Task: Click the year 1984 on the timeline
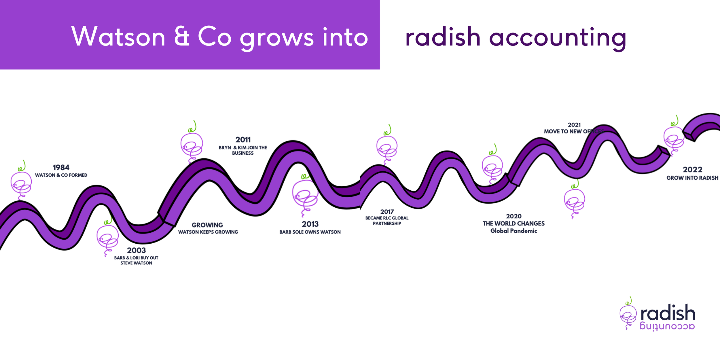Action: pos(61,168)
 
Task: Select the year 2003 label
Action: pos(136,250)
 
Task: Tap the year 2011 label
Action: pos(243,140)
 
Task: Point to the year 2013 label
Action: pos(310,224)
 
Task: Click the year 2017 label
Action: pos(387,212)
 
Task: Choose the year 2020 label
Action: pos(514,216)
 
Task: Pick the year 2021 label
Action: pos(574,125)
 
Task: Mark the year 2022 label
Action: pos(692,170)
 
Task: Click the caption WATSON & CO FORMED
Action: pos(61,175)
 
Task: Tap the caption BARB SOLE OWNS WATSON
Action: pos(310,232)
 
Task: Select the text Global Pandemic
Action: pos(514,231)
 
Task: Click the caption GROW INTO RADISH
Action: pos(692,178)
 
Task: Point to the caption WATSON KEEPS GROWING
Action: pos(208,232)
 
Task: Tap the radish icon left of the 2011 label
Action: pos(192,144)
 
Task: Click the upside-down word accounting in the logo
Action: pos(667,327)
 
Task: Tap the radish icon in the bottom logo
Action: pos(628,315)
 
